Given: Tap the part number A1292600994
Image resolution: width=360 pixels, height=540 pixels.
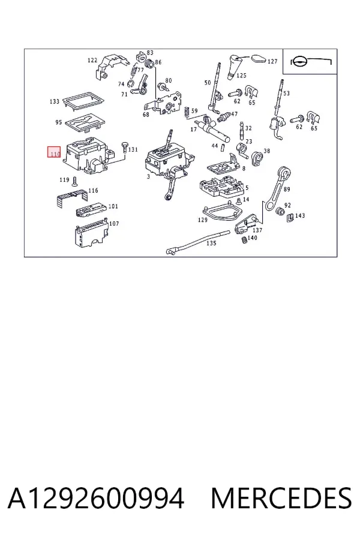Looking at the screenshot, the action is [96, 499].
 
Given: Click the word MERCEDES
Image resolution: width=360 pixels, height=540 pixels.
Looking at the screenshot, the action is [281, 499].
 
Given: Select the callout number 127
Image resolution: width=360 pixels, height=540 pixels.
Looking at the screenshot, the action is [272, 61].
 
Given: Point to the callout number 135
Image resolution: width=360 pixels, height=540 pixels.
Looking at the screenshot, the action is [211, 243].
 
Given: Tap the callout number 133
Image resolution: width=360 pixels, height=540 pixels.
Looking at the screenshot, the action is [55, 101].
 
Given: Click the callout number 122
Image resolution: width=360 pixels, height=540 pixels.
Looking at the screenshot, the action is [92, 60].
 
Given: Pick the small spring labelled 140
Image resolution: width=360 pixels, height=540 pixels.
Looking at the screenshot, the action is [244, 239].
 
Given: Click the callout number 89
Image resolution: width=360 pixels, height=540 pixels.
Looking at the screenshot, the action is [287, 189].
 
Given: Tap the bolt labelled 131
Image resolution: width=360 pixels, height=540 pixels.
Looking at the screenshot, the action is [124, 147].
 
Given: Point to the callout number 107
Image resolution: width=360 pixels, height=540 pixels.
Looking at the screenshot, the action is [114, 224].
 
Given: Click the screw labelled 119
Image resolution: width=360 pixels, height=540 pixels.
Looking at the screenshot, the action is [74, 180].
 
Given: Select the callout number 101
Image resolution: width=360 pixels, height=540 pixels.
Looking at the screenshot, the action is [113, 206].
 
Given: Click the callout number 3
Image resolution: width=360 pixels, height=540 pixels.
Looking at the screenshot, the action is [148, 176].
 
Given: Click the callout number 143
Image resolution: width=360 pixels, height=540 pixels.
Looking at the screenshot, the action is [300, 215].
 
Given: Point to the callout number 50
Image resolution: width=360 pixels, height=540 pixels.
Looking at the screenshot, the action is [208, 83].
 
